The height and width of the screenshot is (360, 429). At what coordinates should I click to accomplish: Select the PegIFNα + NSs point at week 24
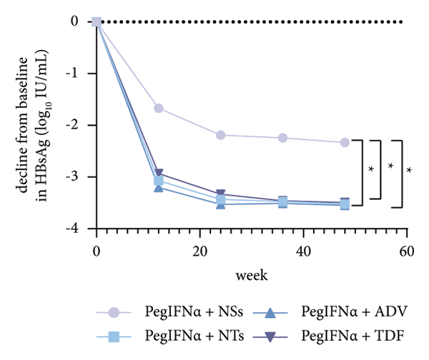coord(221,135)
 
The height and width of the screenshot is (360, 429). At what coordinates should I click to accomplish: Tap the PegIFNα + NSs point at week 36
coord(283,138)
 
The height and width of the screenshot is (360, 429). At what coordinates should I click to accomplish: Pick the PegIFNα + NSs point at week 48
coord(345,142)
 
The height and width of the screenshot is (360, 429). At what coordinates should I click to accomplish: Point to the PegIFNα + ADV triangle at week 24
coord(221,204)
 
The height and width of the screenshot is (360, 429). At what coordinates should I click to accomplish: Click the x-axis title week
coord(252,274)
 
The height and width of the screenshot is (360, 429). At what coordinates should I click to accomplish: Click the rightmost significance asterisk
coord(409,171)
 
